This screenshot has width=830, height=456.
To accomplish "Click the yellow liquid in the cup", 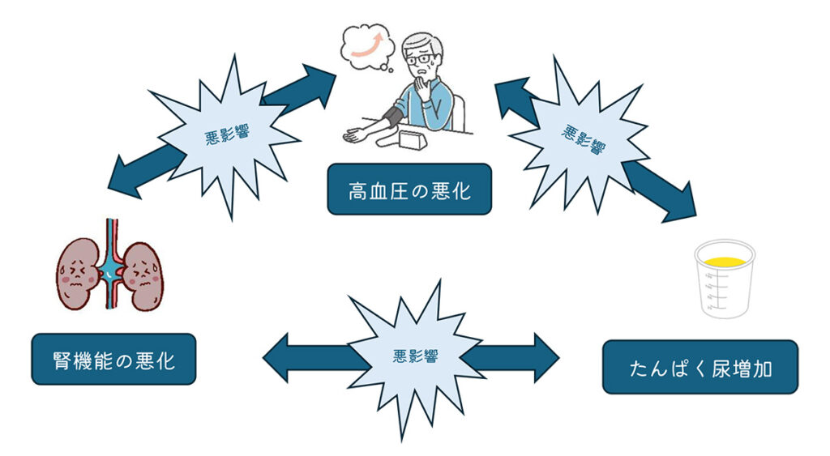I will tap(724, 261).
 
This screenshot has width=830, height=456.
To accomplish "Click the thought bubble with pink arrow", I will tap(369, 44).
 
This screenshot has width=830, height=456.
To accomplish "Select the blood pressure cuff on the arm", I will tap(393, 117).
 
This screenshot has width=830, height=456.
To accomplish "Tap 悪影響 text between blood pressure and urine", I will tap(581, 138).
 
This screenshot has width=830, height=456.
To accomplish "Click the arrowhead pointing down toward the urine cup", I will tap(681, 207).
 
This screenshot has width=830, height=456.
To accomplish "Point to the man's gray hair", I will tap(425, 42).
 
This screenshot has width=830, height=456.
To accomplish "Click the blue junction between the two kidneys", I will tap(109, 275).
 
